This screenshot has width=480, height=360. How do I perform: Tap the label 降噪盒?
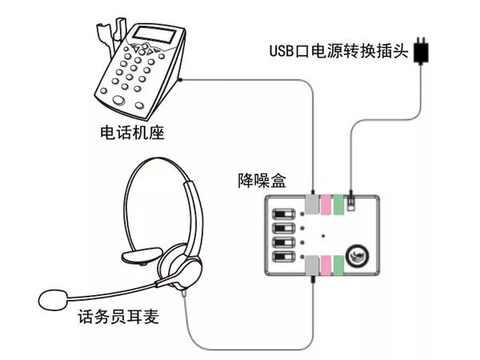pyautogui.click(x=262, y=179)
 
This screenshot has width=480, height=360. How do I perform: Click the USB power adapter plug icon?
pyautogui.click(x=424, y=50)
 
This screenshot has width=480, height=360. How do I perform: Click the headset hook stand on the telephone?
pyautogui.click(x=102, y=32)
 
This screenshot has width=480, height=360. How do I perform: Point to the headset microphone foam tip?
pyautogui.click(x=54, y=300)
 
